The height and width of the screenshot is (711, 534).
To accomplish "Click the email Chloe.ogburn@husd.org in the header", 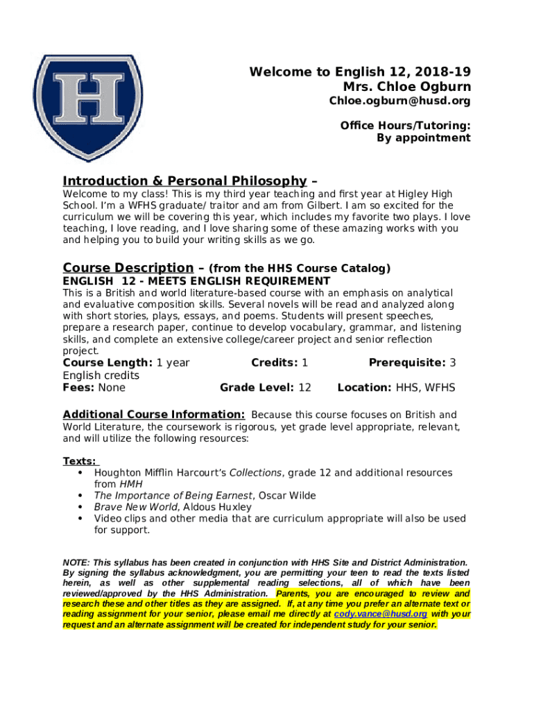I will [x=399, y=101].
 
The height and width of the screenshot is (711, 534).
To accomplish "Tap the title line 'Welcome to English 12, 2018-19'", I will [x=360, y=72].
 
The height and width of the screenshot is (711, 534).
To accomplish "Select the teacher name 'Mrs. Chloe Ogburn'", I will [x=406, y=87].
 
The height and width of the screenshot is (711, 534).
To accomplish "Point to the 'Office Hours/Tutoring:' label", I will [x=405, y=126].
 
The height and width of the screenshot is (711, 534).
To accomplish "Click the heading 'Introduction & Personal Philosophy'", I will [x=184, y=181].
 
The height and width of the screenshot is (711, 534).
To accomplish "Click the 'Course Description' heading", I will [x=128, y=268].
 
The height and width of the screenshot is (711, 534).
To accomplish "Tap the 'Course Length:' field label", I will [x=107, y=362].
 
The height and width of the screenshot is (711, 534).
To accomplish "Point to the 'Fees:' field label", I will [x=79, y=387].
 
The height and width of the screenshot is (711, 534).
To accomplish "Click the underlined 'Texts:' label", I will [x=80, y=461].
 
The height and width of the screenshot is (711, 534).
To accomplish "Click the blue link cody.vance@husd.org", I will [x=380, y=614].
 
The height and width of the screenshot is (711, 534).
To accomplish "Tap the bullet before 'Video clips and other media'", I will [x=80, y=519].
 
